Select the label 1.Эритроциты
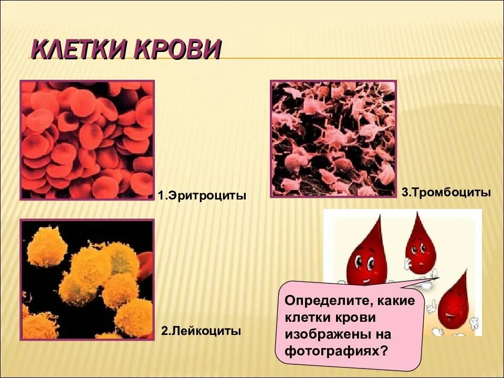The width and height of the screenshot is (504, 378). point(202,196)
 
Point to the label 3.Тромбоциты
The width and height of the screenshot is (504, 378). point(446,193)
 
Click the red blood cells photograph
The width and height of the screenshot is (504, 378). point(87,140)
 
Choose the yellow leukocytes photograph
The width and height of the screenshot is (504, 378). point(87,279)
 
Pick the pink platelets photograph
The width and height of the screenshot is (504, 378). point(333,139)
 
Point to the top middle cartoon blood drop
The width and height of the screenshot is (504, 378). point(420,241)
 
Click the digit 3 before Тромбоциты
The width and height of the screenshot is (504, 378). point(405,193)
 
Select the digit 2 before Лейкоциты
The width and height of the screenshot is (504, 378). point(164,331)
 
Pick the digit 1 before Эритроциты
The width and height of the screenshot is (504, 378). point(160,196)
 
